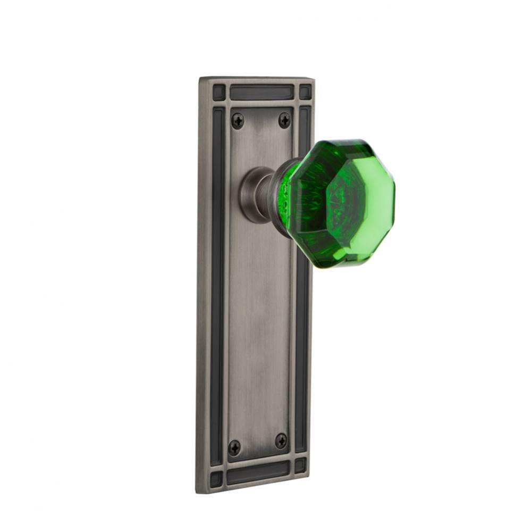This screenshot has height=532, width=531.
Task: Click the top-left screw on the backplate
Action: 238,121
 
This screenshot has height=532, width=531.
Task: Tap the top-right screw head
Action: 285,120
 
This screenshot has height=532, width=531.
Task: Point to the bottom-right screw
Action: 281,440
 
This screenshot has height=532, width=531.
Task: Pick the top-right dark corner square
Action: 305,92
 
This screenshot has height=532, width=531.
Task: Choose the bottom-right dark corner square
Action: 301,466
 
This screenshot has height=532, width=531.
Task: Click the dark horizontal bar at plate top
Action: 261,93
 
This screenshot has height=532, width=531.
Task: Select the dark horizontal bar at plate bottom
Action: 259,472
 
